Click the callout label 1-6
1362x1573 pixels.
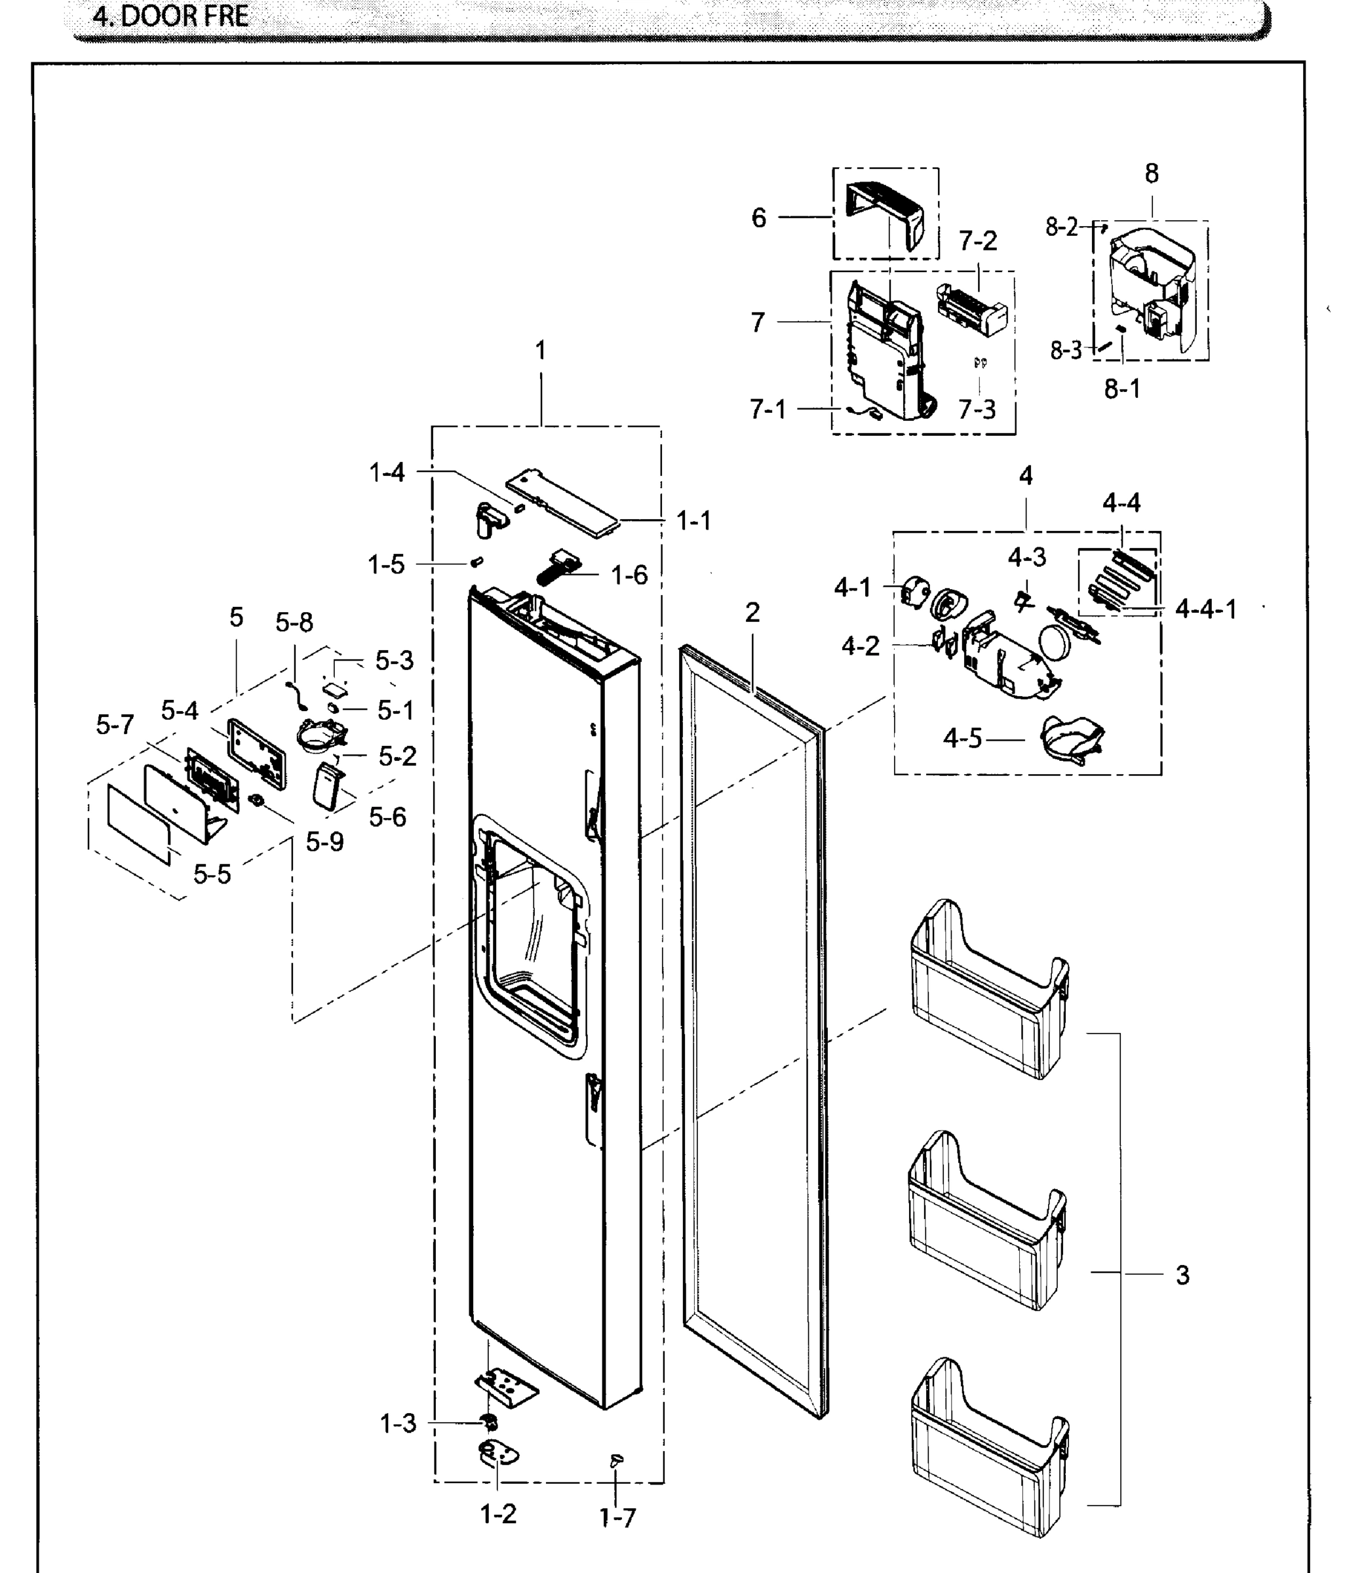[x=629, y=575]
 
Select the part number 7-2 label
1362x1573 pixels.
[x=977, y=241]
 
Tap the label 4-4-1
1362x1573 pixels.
[x=1205, y=609]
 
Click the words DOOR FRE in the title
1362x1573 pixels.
[x=185, y=16]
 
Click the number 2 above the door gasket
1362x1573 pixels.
[x=752, y=612]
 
